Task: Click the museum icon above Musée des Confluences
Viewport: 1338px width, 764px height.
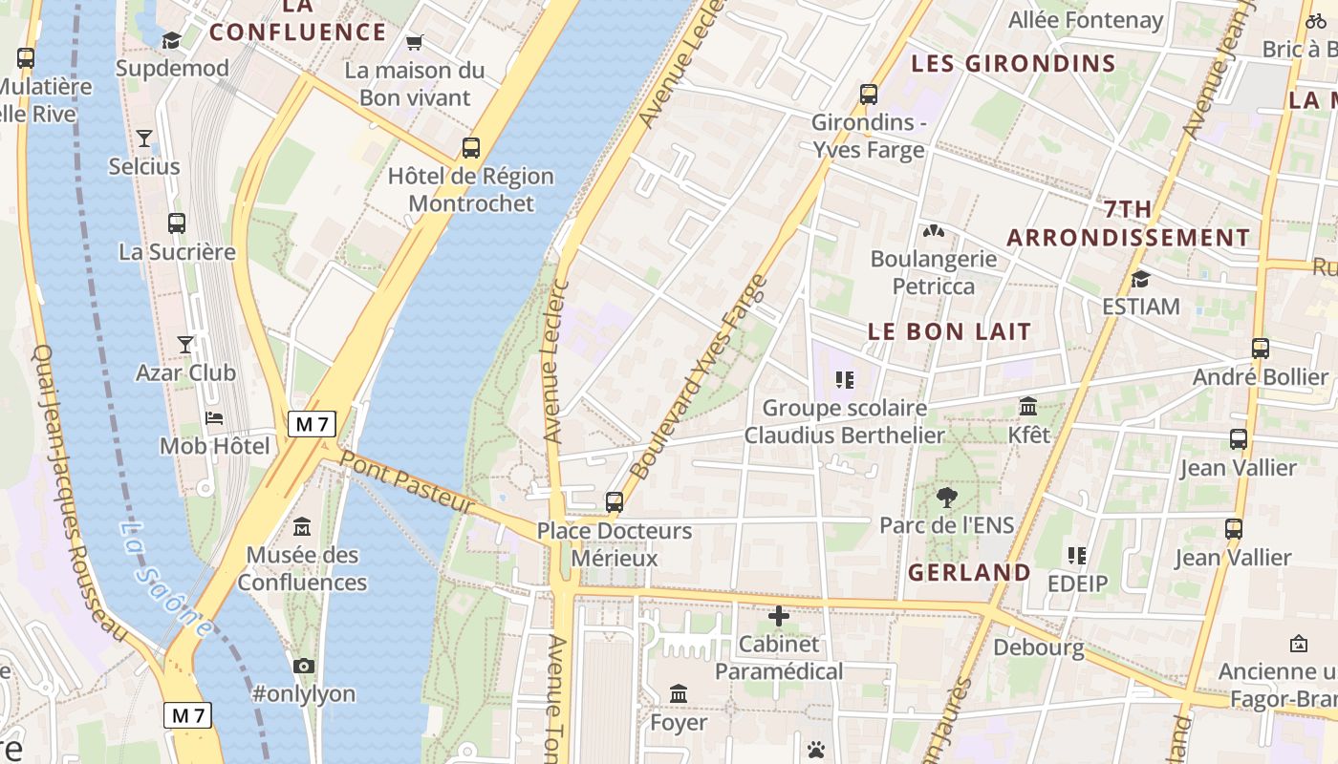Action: coord(302,526)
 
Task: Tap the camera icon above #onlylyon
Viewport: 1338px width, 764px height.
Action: coord(304,666)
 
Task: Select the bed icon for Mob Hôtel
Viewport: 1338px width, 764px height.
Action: coord(214,418)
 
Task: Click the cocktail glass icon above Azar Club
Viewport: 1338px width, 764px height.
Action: coord(185,344)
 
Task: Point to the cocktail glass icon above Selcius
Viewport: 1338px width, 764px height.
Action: coord(143,138)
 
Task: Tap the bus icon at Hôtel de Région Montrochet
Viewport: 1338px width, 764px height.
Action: coord(470,148)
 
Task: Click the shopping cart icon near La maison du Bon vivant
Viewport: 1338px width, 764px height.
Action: coord(414,42)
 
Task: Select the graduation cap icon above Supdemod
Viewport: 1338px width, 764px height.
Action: coord(171,40)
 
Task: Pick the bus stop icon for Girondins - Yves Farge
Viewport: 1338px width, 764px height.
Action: coord(868,95)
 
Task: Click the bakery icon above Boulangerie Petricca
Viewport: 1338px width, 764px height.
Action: coord(933,231)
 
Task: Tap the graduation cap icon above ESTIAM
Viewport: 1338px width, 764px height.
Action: coord(1140,279)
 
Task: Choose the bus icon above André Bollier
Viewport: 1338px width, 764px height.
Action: coord(1260,349)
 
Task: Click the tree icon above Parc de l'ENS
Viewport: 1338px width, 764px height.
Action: coord(946,497)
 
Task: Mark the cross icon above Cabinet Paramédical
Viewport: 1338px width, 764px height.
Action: coord(779,616)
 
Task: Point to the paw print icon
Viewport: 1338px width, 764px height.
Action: coord(815,750)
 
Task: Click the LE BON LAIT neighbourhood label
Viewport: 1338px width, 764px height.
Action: coord(949,332)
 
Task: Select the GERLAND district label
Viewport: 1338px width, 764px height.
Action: coord(968,573)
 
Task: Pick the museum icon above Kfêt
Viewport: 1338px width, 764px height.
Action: coord(1028,407)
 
